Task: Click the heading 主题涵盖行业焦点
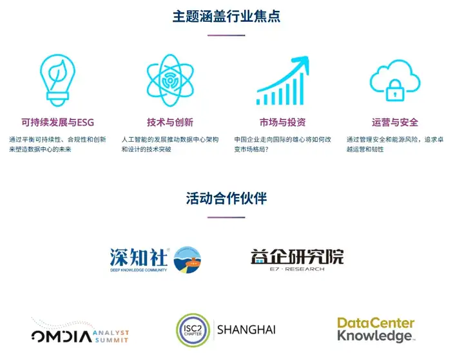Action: click(x=226, y=16)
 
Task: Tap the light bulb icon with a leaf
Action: click(x=58, y=80)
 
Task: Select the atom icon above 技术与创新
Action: click(x=170, y=80)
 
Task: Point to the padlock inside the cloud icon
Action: click(x=395, y=90)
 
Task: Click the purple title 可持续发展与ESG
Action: click(x=58, y=122)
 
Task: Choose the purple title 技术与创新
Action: click(x=170, y=122)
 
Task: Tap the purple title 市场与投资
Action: click(x=283, y=122)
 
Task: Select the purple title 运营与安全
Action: click(x=395, y=122)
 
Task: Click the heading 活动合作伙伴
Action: click(x=226, y=198)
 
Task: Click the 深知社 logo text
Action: click(x=139, y=258)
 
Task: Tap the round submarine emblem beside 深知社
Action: click(x=188, y=260)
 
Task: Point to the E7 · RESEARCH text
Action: click(x=297, y=269)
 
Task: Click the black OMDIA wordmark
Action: click(x=62, y=336)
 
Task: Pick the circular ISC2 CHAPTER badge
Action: click(x=193, y=330)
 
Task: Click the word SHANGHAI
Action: click(x=246, y=330)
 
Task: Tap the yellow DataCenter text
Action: click(x=376, y=323)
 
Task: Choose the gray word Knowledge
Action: click(x=374, y=336)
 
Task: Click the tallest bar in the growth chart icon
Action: click(x=302, y=89)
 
